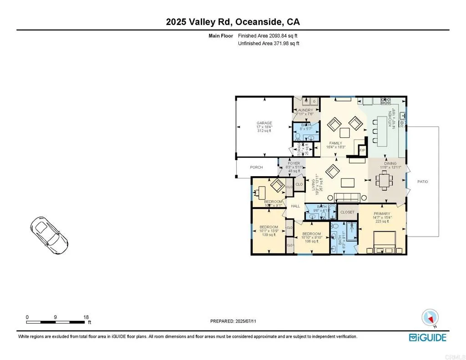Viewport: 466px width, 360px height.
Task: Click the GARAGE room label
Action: coord(264,123)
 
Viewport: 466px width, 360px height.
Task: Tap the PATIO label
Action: coord(423,182)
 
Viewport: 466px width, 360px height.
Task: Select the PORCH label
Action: coord(257,167)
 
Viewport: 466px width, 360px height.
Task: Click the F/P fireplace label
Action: coord(363,150)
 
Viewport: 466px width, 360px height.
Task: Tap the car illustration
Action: coord(48,233)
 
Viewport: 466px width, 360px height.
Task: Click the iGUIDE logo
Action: coord(427,337)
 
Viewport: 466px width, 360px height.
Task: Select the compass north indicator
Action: coord(430,317)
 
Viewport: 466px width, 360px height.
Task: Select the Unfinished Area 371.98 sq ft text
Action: coord(268,44)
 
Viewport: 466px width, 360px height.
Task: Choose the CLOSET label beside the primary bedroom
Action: coord(347,212)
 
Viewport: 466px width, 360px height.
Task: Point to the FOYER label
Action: coord(294,163)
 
